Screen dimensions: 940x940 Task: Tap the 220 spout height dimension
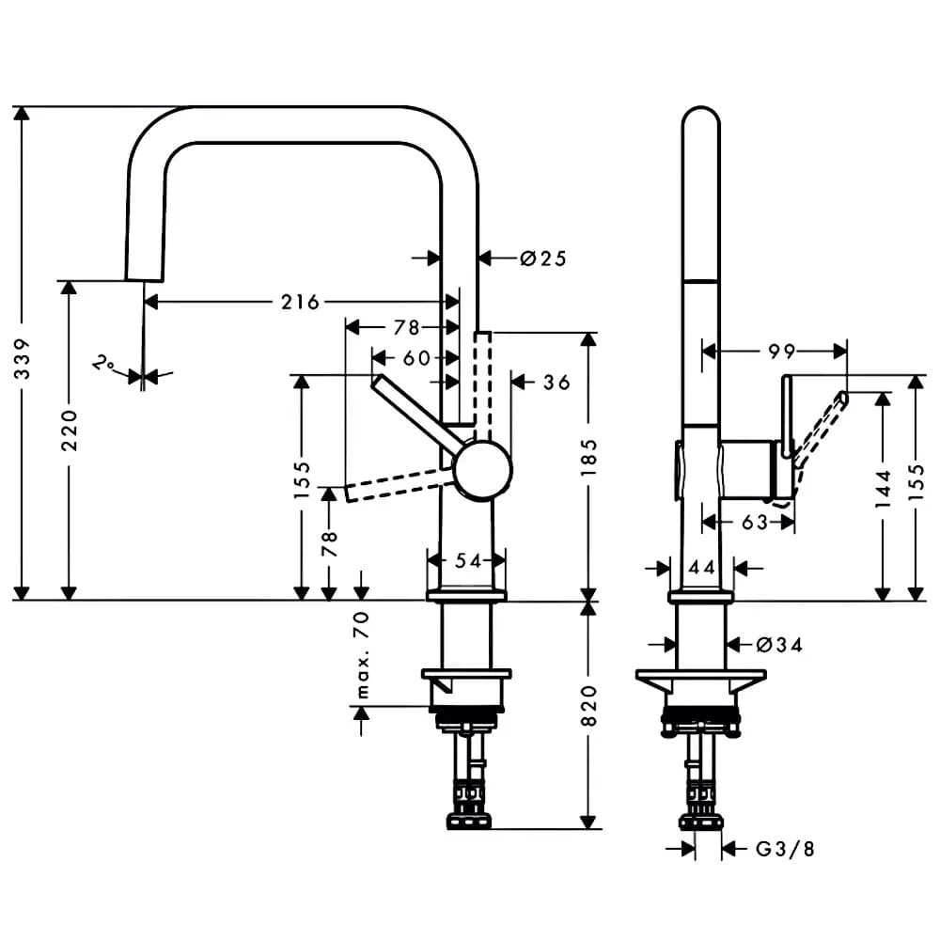[x=70, y=431]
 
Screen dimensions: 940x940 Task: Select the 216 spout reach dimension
[x=301, y=302]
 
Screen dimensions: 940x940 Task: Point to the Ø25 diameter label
[x=543, y=258]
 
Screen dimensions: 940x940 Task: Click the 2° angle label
[x=104, y=363]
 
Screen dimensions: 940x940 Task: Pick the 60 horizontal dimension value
[x=416, y=358]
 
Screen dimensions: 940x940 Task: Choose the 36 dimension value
[x=556, y=382]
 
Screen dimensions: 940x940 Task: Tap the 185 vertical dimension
[x=589, y=458]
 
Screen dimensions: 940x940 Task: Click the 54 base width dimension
[x=468, y=560]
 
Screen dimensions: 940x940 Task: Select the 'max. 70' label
[x=362, y=655]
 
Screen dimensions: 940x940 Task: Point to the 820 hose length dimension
[x=589, y=706]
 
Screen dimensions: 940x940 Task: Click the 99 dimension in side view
[x=782, y=352]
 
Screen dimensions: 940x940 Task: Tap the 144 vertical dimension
[x=883, y=489]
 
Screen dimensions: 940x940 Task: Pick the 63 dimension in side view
[x=755, y=522]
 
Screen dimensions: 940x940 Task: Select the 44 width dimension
[x=701, y=567]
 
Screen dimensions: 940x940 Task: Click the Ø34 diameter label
[x=779, y=645]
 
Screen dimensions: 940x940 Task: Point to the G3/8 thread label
[x=785, y=849]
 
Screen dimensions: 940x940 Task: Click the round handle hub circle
[x=483, y=471]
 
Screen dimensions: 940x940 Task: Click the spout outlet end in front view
[x=145, y=279]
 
